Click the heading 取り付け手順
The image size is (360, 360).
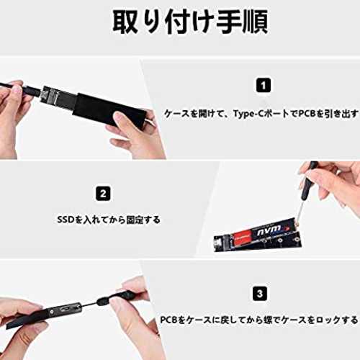click(190, 22)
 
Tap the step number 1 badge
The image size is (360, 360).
click(264, 85)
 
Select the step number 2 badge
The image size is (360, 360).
click(103, 194)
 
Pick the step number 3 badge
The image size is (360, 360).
click(260, 294)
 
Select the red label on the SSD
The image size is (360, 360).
click(242, 237)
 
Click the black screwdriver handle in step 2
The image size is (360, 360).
click(308, 182)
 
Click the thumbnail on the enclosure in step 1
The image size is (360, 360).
click(123, 120)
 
